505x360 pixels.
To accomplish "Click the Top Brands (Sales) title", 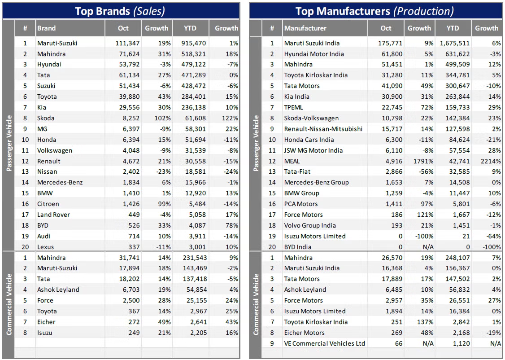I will pos(120,11).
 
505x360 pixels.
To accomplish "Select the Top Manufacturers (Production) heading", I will pos(374,11).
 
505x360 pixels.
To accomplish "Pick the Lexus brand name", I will pos(45,247).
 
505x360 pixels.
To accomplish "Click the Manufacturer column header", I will pos(305,28).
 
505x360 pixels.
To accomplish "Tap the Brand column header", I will pos(47,28).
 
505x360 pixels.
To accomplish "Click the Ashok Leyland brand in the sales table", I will pos(58,290).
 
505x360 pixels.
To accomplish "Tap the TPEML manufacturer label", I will pos(294,107).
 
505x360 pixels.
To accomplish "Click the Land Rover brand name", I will pos(54,215).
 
